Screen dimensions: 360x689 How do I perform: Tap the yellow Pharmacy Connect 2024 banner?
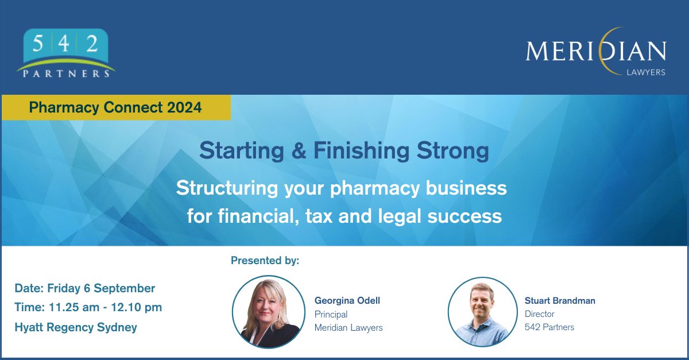115,107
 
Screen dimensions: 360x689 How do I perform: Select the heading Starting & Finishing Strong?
344,151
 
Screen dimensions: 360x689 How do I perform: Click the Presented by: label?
265,261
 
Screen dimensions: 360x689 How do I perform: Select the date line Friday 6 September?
85,288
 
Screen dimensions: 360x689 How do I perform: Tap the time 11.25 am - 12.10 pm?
88,307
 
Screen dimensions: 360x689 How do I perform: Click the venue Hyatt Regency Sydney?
76,327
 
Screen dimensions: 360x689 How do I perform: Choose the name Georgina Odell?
347,300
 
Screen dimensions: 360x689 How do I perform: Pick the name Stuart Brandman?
560,300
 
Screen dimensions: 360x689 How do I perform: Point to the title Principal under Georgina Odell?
331,314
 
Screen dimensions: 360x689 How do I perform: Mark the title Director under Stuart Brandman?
540,314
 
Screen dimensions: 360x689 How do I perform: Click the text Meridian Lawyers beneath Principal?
349,327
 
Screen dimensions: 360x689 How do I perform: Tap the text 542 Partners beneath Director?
549,327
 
